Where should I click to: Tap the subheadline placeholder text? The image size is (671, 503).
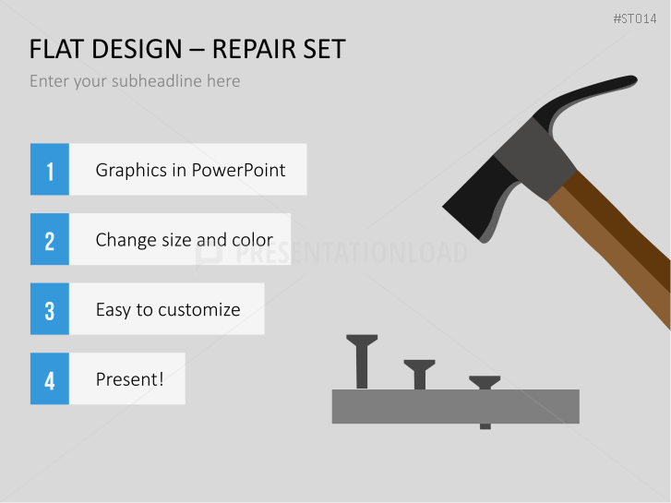tap(135, 81)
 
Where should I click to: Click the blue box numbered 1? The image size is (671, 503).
tap(50, 170)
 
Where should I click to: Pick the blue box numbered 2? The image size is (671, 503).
tap(50, 240)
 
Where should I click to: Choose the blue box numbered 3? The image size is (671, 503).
tap(50, 309)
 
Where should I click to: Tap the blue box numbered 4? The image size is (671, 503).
tap(50, 379)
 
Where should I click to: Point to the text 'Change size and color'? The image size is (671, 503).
tap(184, 240)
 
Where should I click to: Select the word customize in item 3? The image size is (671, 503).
tap(198, 310)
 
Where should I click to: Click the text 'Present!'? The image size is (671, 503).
tap(129, 379)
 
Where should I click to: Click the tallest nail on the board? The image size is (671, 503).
tap(362, 360)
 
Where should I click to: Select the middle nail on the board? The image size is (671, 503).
tap(419, 373)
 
